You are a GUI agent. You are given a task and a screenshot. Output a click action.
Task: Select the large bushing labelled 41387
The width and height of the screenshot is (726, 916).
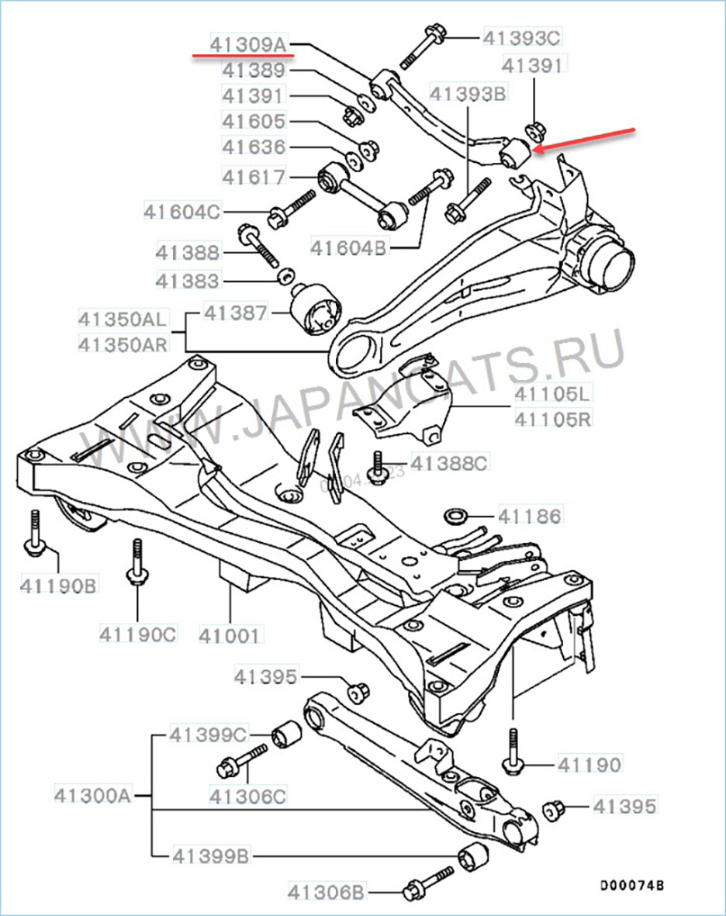click(x=316, y=313)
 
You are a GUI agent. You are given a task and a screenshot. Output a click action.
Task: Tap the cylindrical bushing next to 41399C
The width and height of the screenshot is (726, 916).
click(x=286, y=731)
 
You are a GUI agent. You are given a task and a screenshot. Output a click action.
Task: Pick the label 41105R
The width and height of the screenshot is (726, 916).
click(x=552, y=420)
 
